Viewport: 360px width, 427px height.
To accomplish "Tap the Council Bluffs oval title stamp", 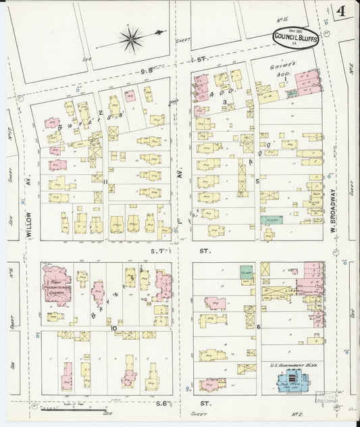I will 296,38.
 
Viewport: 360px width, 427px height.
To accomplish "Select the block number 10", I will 114,327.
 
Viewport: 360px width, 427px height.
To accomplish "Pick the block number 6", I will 258,327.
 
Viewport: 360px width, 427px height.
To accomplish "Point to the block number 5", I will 257,181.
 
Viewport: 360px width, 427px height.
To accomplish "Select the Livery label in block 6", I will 278,292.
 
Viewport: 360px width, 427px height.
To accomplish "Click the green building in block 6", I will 247,270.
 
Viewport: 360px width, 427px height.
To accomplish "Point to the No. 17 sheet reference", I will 11,124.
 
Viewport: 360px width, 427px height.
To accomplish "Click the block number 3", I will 224,101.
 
